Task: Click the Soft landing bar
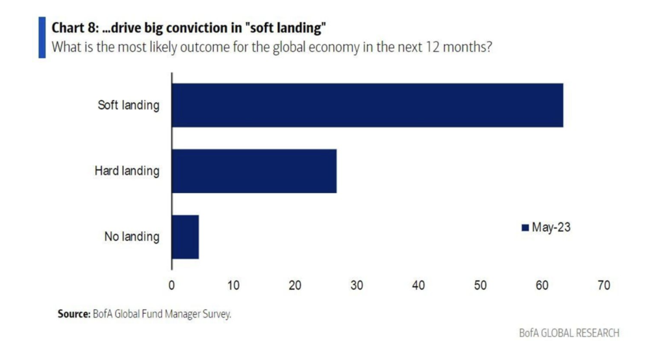pyautogui.click(x=367, y=105)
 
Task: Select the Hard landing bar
pyautogui.click(x=254, y=171)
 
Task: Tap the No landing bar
pyautogui.click(x=185, y=237)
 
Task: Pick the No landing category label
pyautogui.click(x=132, y=237)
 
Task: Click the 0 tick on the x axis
pyautogui.click(x=171, y=285)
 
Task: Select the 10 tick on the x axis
pyautogui.click(x=233, y=285)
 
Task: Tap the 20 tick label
pyautogui.click(x=295, y=285)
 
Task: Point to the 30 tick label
pyautogui.click(x=357, y=285)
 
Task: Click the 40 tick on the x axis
pyautogui.click(x=418, y=285)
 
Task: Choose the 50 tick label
pyautogui.click(x=480, y=285)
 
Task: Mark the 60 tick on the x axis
pyautogui.click(x=542, y=285)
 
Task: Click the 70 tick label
pyautogui.click(x=603, y=285)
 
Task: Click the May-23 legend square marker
pyautogui.click(x=525, y=227)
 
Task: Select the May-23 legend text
pyautogui.click(x=551, y=227)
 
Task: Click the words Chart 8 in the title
pyautogui.click(x=73, y=28)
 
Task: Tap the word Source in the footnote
pyautogui.click(x=72, y=314)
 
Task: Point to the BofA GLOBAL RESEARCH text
pyautogui.click(x=569, y=333)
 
